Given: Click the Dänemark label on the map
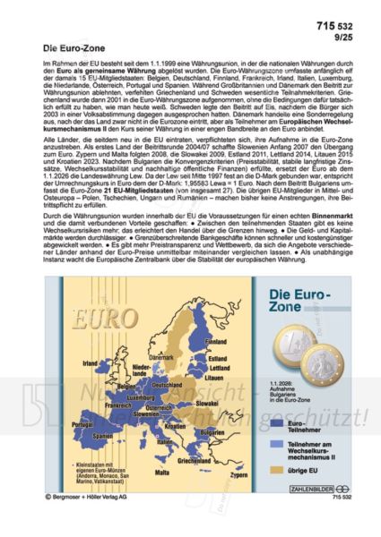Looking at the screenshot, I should [160, 333].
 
